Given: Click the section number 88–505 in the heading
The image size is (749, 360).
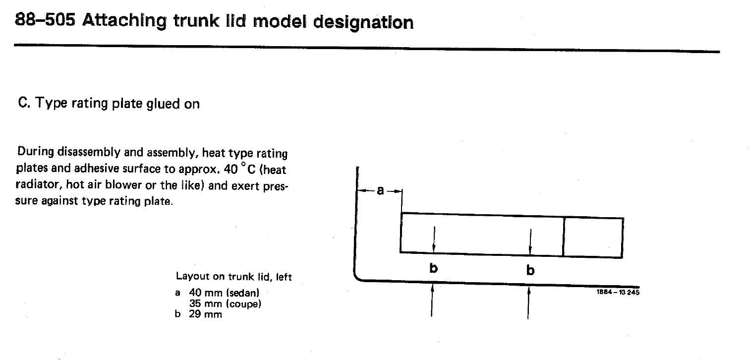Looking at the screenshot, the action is (45, 20).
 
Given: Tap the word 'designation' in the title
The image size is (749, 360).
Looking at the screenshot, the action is (363, 23).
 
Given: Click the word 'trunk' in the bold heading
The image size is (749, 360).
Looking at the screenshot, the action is (196, 21).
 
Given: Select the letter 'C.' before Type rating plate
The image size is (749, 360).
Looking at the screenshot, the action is (24, 102).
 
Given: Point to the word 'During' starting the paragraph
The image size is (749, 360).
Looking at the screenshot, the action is (36, 151).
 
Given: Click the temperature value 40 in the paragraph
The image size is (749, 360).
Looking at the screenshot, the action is (230, 169).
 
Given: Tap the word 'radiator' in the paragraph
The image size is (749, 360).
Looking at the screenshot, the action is (39, 184).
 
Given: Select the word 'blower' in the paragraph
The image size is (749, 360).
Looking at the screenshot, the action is (123, 184).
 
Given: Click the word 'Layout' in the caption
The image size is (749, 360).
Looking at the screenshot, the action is (192, 276).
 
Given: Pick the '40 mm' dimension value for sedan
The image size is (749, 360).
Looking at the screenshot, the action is (206, 293).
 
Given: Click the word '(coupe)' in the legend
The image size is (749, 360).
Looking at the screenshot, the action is (243, 304).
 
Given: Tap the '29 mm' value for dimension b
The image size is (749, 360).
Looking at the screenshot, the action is (205, 314).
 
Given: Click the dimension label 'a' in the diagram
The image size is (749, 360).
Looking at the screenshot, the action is (380, 190).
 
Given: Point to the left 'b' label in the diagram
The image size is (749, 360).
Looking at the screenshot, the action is (433, 268).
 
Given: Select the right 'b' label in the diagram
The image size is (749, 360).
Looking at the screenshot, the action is (530, 270).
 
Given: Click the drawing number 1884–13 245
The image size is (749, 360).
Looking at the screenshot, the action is (618, 292).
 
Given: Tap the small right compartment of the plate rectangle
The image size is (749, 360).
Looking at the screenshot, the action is (593, 237).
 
